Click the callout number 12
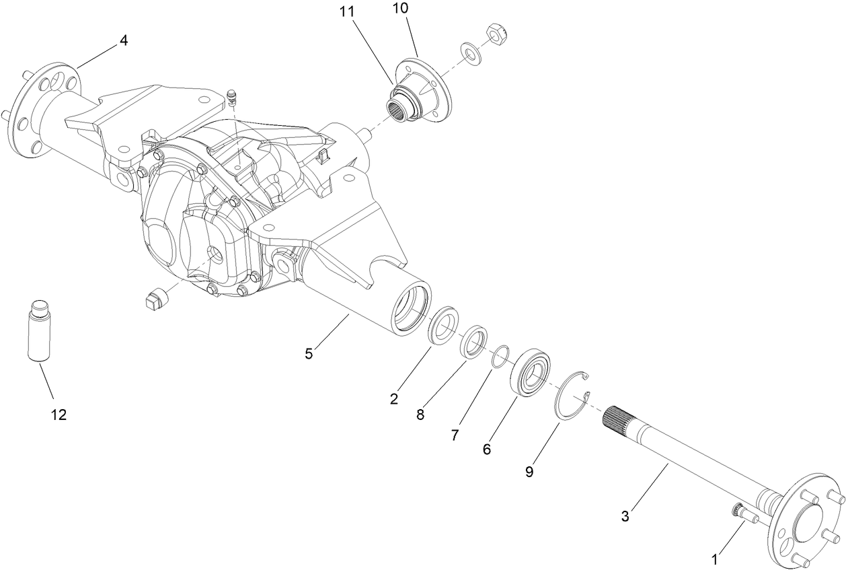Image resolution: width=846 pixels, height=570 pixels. pos(59,415)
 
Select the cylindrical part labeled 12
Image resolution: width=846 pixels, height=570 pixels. pos(40,332)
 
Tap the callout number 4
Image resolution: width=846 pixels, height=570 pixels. pos(123,40)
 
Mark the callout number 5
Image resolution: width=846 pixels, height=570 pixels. pos(309,354)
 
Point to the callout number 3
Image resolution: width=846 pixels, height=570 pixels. pos(625,516)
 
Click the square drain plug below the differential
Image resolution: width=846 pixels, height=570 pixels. pos(155,298)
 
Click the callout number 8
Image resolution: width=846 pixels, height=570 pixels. pos(420,415)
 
